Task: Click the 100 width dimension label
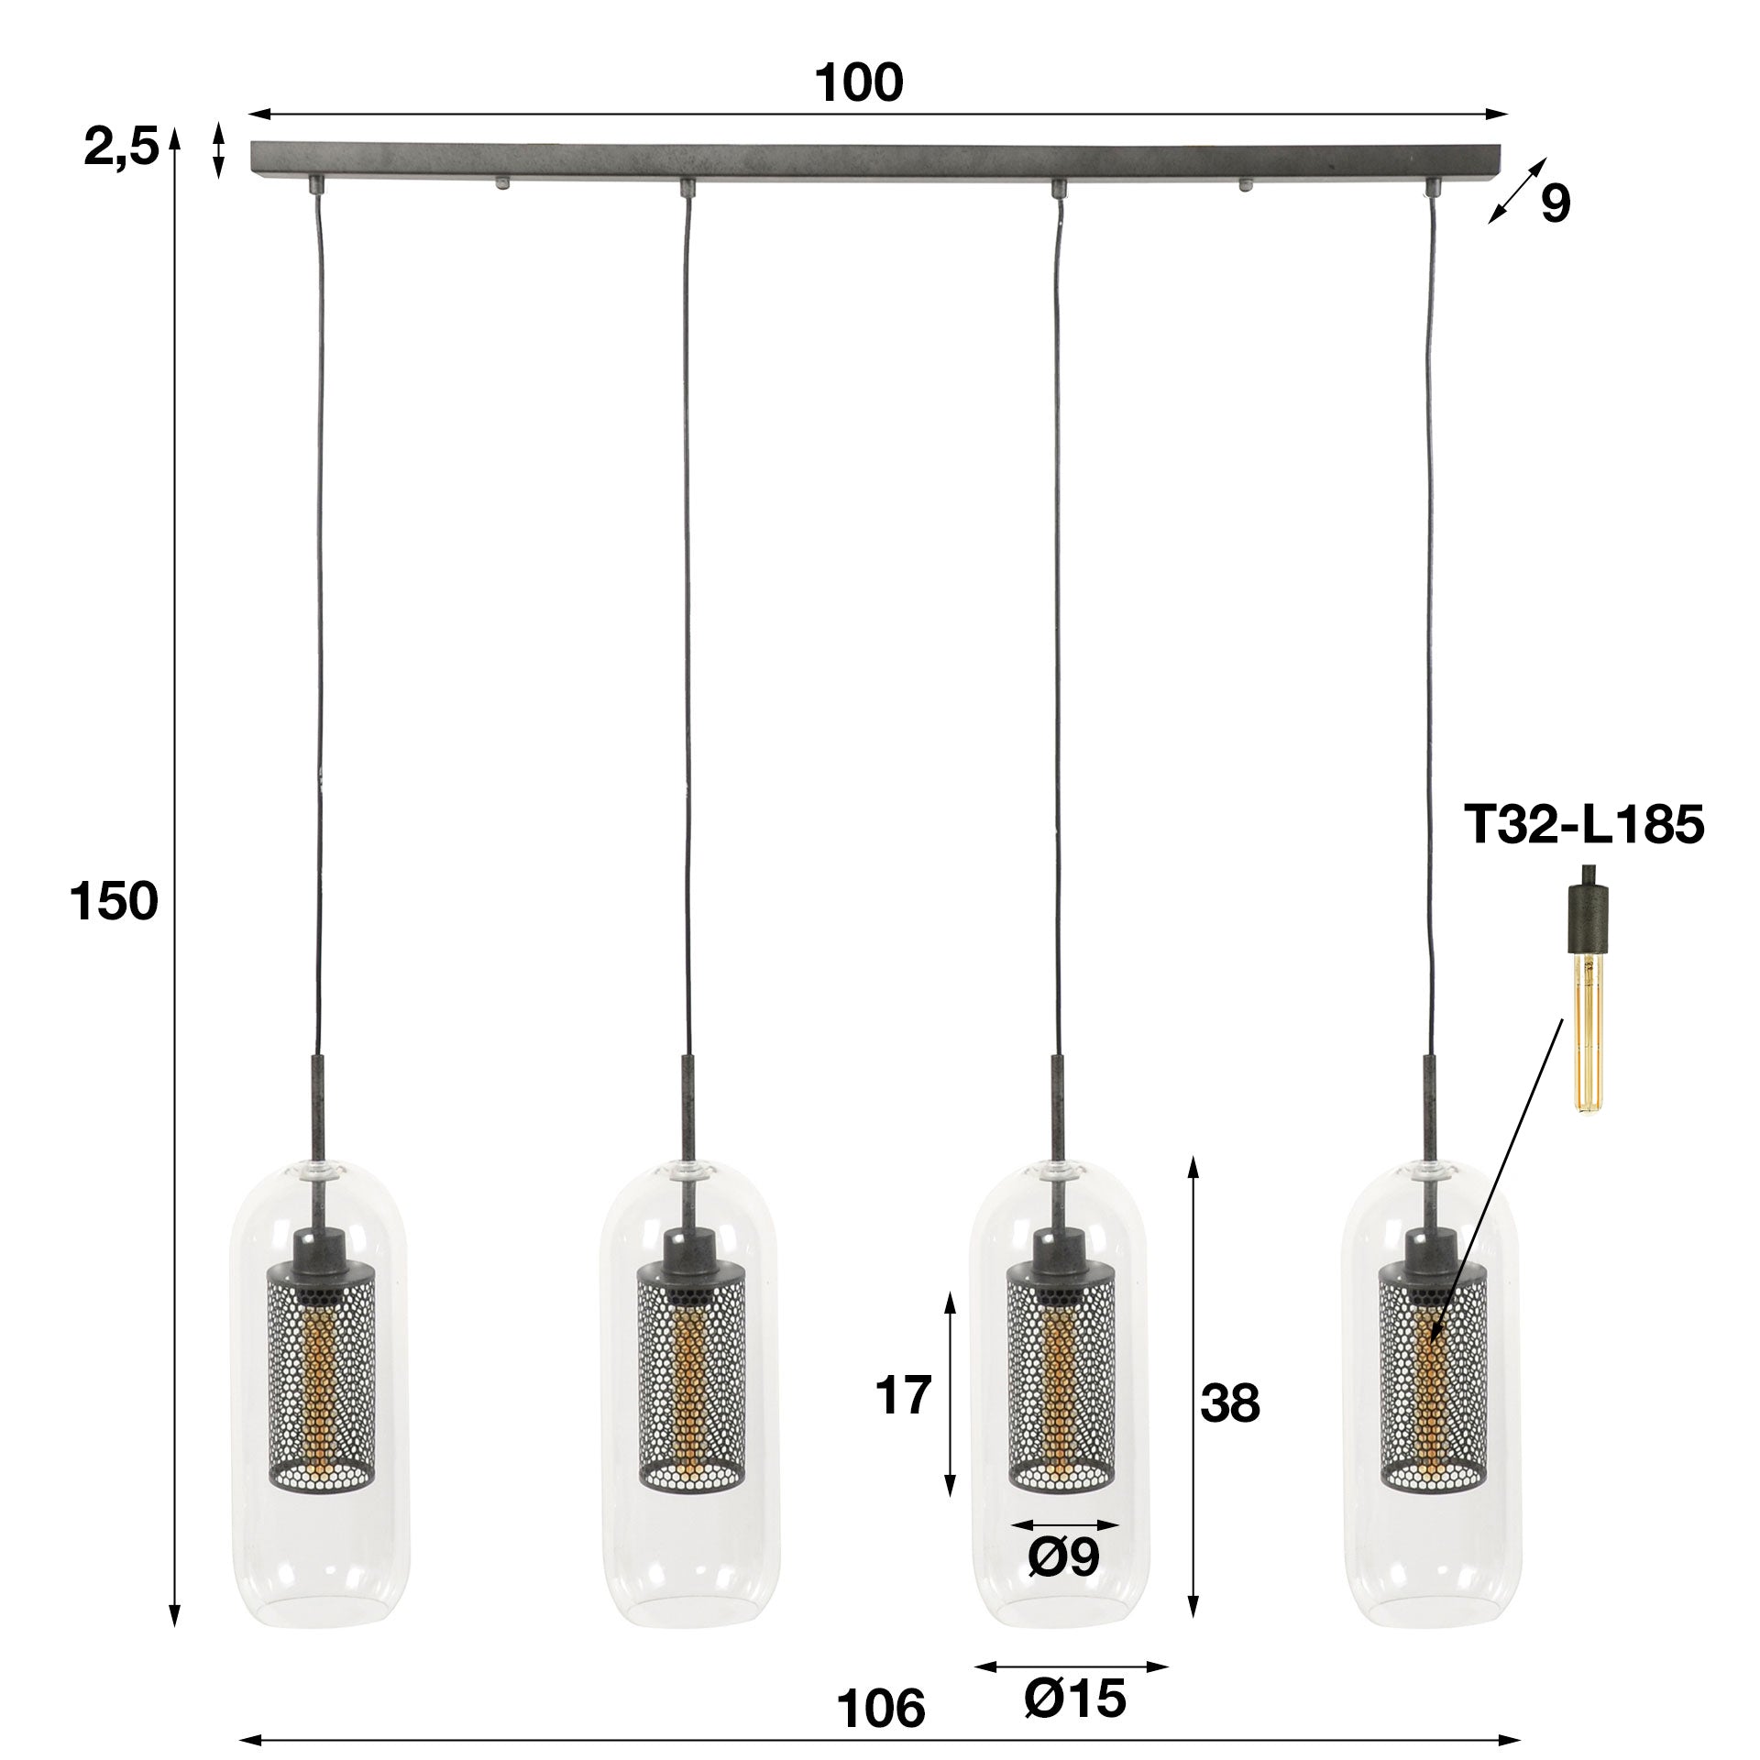click(x=859, y=83)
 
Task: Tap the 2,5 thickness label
click(x=121, y=147)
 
